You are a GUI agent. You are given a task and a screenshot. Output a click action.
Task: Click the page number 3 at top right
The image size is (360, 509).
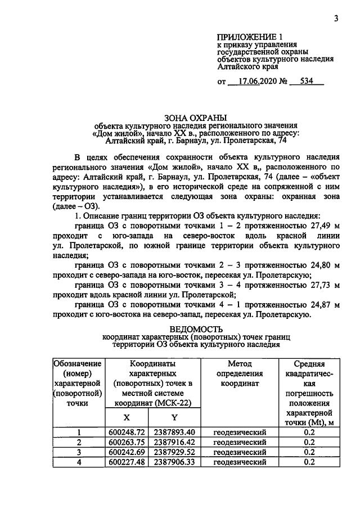pyautogui.click(x=336, y=19)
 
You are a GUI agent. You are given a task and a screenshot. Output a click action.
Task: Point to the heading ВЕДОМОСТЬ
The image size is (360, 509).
pyautogui.click(x=196, y=329)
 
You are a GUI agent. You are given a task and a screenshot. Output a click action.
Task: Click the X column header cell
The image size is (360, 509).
pyautogui.click(x=126, y=417)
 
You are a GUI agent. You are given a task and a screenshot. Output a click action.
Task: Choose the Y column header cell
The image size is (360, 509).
pyautogui.click(x=174, y=417)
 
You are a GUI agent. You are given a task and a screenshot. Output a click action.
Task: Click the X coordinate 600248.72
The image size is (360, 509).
pyautogui.click(x=127, y=432)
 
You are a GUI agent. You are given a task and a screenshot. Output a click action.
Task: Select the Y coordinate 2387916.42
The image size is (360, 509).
pyautogui.click(x=174, y=442)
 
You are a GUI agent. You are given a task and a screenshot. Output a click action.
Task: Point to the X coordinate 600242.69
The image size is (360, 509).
pyautogui.click(x=127, y=452)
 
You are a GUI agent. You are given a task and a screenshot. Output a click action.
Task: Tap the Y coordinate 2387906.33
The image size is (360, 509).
pyautogui.click(x=174, y=462)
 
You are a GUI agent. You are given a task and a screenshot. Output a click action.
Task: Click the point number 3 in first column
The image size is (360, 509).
pyautogui.click(x=79, y=452)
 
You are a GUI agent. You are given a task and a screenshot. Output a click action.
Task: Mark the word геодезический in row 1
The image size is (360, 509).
pyautogui.click(x=240, y=432)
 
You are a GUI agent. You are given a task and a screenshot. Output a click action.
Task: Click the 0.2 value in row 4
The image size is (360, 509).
pyautogui.click(x=308, y=462)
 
